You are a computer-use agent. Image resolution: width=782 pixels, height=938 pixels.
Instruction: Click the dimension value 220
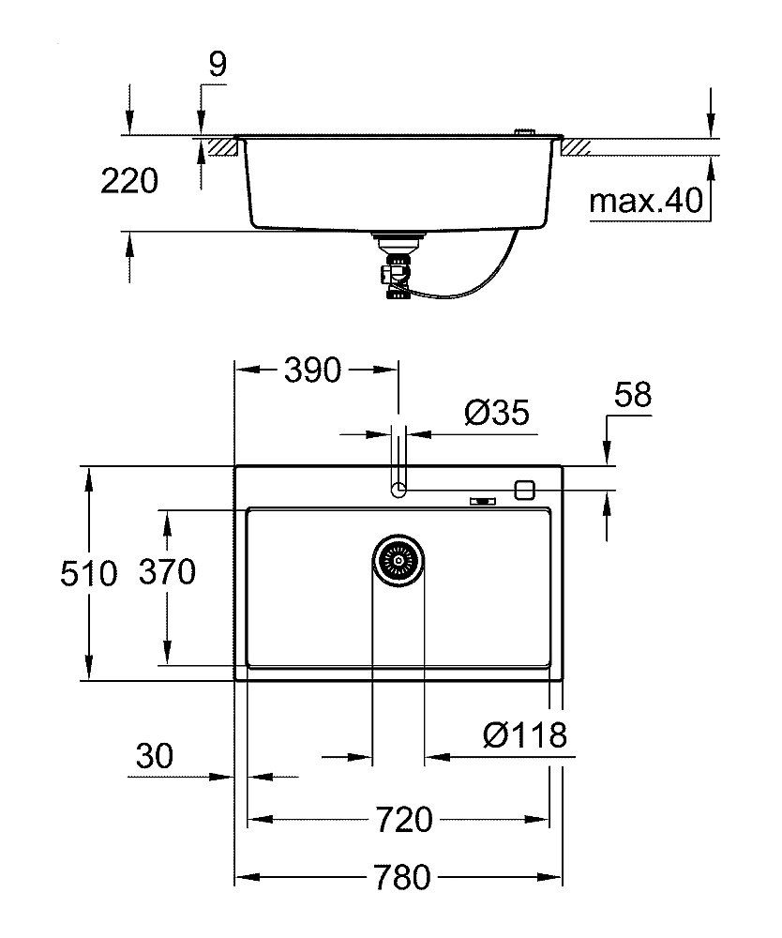click(x=129, y=181)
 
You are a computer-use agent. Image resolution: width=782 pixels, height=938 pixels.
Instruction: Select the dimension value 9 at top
click(x=217, y=64)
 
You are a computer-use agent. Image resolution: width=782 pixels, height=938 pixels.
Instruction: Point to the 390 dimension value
click(x=312, y=371)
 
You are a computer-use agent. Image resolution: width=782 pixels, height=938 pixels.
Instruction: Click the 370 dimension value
click(x=167, y=571)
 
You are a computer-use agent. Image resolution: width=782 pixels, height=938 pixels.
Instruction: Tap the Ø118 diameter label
click(x=525, y=734)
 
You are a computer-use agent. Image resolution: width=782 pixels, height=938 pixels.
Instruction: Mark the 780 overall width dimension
click(x=400, y=878)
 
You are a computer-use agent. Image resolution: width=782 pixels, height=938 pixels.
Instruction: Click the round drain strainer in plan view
click(x=399, y=561)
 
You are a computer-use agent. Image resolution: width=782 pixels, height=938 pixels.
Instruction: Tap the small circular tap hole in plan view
click(x=399, y=489)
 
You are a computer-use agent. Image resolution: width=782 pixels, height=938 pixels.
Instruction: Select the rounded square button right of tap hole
click(x=524, y=489)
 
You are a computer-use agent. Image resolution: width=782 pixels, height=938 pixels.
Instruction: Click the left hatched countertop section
click(x=219, y=147)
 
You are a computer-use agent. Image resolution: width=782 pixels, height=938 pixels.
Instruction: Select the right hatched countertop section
click(x=576, y=147)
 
